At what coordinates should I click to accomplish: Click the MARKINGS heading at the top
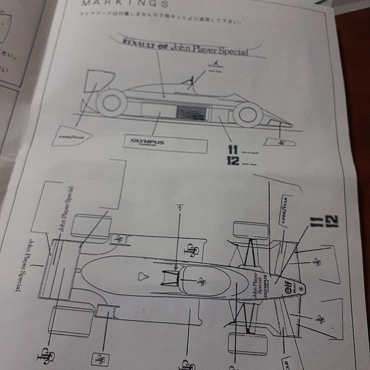(125, 4)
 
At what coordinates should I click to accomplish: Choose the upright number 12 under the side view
(233, 161)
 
